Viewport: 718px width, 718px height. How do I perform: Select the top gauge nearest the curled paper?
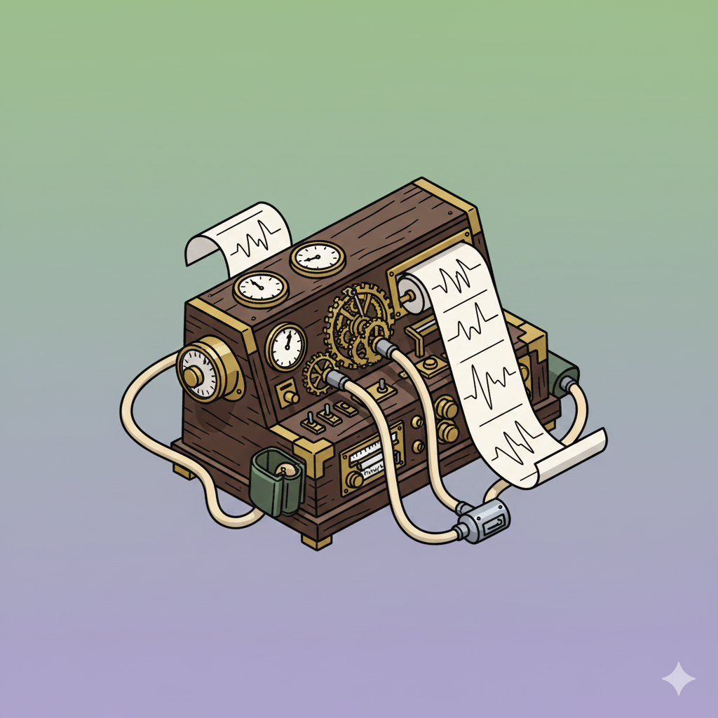[260, 287]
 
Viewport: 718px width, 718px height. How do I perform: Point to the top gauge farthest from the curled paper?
[318, 259]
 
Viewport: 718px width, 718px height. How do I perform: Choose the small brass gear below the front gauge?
[319, 374]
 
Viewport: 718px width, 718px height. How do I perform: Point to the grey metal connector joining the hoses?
[484, 520]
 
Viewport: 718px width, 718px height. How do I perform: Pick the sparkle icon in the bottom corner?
[678, 678]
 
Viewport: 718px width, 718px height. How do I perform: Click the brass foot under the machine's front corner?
[317, 541]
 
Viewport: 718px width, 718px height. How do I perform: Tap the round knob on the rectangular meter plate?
[354, 480]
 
